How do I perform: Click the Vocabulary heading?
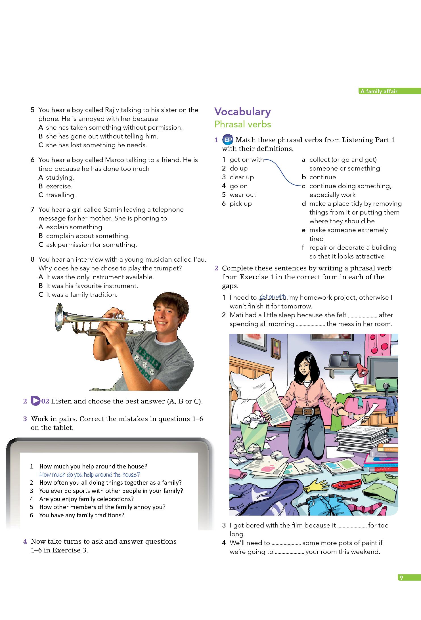242,112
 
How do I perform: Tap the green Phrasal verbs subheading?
242,124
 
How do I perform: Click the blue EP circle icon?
228,140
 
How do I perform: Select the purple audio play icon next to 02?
35,401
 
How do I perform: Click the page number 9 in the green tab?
401,578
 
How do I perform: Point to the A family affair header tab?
379,91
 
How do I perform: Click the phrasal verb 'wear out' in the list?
243,195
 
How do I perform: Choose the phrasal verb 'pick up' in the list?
240,204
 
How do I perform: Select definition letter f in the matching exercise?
303,248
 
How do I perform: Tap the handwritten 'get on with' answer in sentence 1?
273,297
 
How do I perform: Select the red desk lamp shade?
361,369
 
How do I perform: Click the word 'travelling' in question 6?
61,195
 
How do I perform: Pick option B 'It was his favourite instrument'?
92,286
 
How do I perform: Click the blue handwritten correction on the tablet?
90,474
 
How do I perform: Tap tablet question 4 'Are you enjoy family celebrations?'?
86,499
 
